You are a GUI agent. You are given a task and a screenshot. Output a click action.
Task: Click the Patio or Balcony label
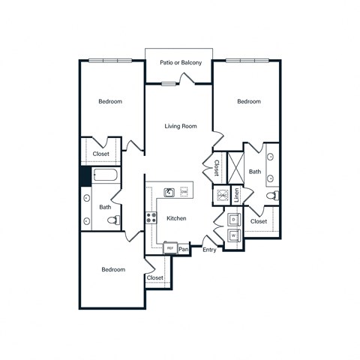[x=181, y=62]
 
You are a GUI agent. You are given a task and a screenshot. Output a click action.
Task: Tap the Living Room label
[x=181, y=126]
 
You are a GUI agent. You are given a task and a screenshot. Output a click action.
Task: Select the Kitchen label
[x=176, y=218]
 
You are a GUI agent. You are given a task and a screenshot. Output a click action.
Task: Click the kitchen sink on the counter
[x=170, y=192]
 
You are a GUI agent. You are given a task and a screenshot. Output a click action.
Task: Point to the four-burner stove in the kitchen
[x=151, y=219]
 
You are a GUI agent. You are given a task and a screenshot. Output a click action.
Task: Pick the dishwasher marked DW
[x=184, y=192]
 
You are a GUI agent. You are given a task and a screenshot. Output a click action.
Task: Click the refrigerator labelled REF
[x=170, y=247]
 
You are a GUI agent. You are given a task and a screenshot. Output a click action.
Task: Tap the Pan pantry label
[x=184, y=247]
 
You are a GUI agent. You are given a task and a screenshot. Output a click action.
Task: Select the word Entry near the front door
[x=209, y=250]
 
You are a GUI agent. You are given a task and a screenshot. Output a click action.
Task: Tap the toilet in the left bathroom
[x=113, y=220]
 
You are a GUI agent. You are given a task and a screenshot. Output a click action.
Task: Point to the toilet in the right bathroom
[x=273, y=196]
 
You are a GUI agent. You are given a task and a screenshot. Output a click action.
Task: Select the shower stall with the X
[x=235, y=166]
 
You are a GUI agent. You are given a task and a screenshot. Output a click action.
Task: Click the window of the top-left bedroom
[x=110, y=61]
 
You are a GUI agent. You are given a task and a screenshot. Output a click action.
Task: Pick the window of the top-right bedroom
[x=247, y=61]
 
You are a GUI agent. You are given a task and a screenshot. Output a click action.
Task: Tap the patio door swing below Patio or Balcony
[x=169, y=83]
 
